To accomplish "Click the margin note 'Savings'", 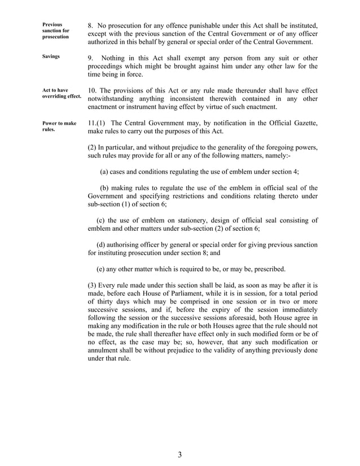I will point(51,57).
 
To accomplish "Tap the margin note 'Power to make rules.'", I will point(59,126).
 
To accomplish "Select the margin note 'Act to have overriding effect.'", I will point(62,93).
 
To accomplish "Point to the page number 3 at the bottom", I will point(179,455).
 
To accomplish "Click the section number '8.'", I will point(91,25).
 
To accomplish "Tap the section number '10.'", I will point(94,90).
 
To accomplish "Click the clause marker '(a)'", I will point(104,172).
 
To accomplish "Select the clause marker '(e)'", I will point(102,268).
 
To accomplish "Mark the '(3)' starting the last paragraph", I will point(94,285).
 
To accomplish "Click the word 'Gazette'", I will point(301,123).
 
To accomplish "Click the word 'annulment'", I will point(106,350).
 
